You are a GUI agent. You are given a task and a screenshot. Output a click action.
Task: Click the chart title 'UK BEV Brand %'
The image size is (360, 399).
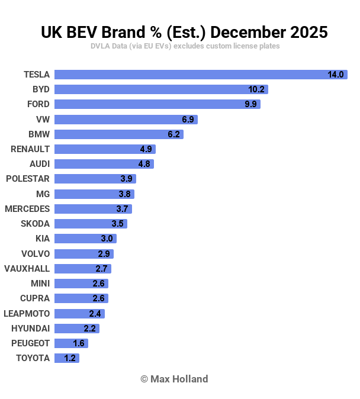click(184, 31)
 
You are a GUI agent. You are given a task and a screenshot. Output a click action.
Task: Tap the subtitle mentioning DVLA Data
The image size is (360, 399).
click(185, 46)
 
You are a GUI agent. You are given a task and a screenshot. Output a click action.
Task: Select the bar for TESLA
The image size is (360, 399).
click(189, 75)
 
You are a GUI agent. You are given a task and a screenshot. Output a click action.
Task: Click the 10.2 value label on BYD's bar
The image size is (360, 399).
click(256, 89)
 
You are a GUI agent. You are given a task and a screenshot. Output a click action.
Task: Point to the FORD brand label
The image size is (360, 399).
click(38, 104)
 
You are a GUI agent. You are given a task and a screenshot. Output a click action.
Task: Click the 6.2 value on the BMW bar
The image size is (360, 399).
click(173, 134)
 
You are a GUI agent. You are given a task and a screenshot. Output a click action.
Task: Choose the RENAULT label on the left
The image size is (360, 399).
click(30, 149)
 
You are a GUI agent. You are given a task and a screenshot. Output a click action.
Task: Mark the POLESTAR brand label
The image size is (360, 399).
click(28, 179)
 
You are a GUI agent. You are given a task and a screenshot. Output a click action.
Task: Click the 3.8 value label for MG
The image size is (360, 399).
click(124, 194)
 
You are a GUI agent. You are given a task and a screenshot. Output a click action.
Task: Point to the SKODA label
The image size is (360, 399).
click(36, 224)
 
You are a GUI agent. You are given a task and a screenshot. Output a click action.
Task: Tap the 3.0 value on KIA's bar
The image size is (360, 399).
click(107, 239)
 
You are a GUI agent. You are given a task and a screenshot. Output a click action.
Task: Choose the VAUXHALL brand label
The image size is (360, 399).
click(27, 269)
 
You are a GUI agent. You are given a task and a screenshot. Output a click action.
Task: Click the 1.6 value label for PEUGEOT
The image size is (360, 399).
click(79, 343)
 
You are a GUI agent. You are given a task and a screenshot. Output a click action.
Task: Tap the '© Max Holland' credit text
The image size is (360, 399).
click(174, 379)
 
